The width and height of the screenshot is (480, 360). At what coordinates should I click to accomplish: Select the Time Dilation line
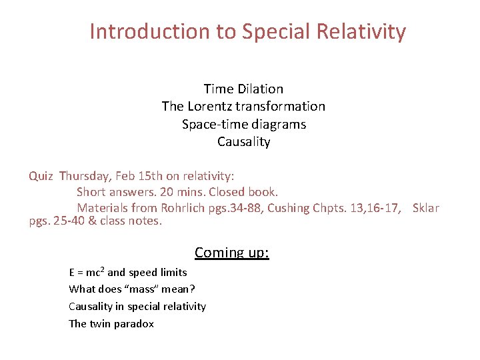[x=243, y=89]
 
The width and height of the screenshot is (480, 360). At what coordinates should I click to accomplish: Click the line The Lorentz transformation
[x=243, y=107]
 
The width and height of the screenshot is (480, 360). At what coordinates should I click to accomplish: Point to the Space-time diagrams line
[x=243, y=124]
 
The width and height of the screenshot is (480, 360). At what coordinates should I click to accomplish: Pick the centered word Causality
[x=243, y=142]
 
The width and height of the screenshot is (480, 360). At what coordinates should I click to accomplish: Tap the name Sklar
[x=425, y=208]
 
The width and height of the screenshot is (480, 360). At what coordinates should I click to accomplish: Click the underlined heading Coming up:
[x=232, y=253]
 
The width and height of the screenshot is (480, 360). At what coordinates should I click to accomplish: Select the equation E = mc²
[x=86, y=272]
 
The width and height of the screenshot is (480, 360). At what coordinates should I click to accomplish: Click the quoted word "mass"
[x=142, y=289]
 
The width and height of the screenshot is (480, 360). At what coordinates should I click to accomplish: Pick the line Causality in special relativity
[x=137, y=307]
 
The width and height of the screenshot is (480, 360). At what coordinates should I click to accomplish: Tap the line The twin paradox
[x=111, y=324]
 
